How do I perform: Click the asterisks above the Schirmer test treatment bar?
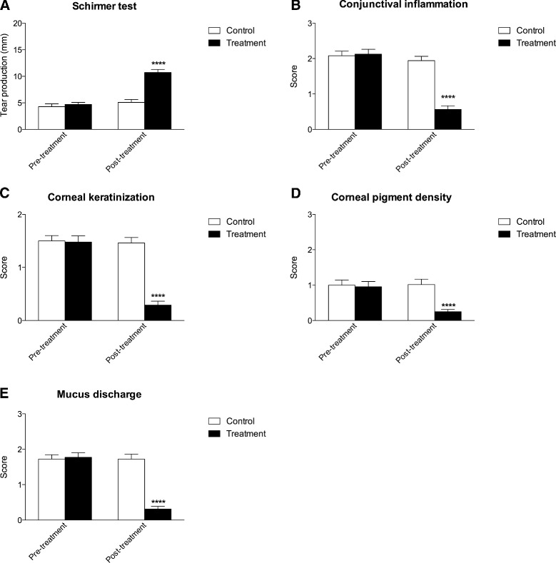coord(158,64)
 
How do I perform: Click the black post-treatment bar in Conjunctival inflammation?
coord(448,119)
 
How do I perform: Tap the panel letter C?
coord(5,193)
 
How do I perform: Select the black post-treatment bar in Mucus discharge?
coord(158,514)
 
